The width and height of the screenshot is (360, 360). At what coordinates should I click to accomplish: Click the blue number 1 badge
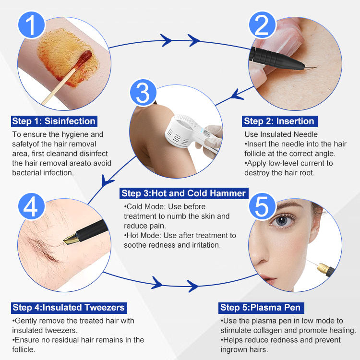coord(32,25)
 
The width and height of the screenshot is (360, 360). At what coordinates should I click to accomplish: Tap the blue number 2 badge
coord(262,25)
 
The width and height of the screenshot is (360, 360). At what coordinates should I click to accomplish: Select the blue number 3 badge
coord(143,93)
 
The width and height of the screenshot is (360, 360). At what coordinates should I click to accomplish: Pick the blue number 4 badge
coord(32,206)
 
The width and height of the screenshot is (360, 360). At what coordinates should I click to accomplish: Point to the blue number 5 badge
coord(262,206)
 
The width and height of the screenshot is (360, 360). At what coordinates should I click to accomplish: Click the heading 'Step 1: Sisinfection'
coord(54,121)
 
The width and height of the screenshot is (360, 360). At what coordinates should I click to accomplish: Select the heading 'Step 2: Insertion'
coord(279,121)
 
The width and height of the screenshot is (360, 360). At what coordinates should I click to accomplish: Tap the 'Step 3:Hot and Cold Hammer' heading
coord(184,193)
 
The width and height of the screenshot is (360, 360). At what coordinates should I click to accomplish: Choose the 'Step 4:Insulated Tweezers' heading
coord(69,308)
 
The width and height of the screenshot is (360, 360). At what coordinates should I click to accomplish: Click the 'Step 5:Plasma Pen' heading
coord(261,308)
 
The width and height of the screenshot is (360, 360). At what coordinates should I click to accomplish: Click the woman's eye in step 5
coord(282,221)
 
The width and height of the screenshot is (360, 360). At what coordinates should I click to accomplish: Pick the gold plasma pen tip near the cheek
coord(323,268)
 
